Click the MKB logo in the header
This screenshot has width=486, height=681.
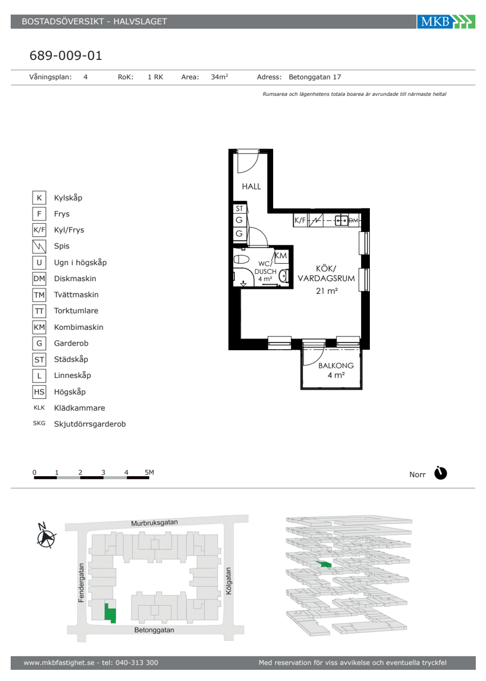[x=446, y=22]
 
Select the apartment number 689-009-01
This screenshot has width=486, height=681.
[x=66, y=55]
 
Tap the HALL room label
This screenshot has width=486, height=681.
[x=251, y=186]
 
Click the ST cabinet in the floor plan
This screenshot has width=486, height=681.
[x=239, y=208]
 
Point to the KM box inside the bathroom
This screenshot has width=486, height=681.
[x=281, y=256]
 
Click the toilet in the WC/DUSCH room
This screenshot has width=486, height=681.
[x=241, y=259]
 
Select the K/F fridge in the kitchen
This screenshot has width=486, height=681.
[x=300, y=220]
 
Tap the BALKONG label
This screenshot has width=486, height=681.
[x=336, y=366]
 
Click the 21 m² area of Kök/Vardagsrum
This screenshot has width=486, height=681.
[x=326, y=291]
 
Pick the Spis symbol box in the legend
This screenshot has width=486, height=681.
[x=39, y=246]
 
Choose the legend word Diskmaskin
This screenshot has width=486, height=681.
[x=75, y=279]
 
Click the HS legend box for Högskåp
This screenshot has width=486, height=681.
[x=39, y=392]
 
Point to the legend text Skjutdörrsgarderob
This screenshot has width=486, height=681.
[x=90, y=424]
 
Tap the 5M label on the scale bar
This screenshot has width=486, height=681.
[x=149, y=472]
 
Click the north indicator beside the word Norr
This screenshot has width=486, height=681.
[x=440, y=473]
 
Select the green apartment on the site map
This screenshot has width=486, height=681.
[x=110, y=613]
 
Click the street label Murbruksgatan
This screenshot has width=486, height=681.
[x=154, y=523]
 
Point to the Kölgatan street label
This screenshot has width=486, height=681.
[x=229, y=581]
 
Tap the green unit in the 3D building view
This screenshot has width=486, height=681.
[x=324, y=564]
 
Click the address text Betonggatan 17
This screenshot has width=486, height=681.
[x=315, y=77]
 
